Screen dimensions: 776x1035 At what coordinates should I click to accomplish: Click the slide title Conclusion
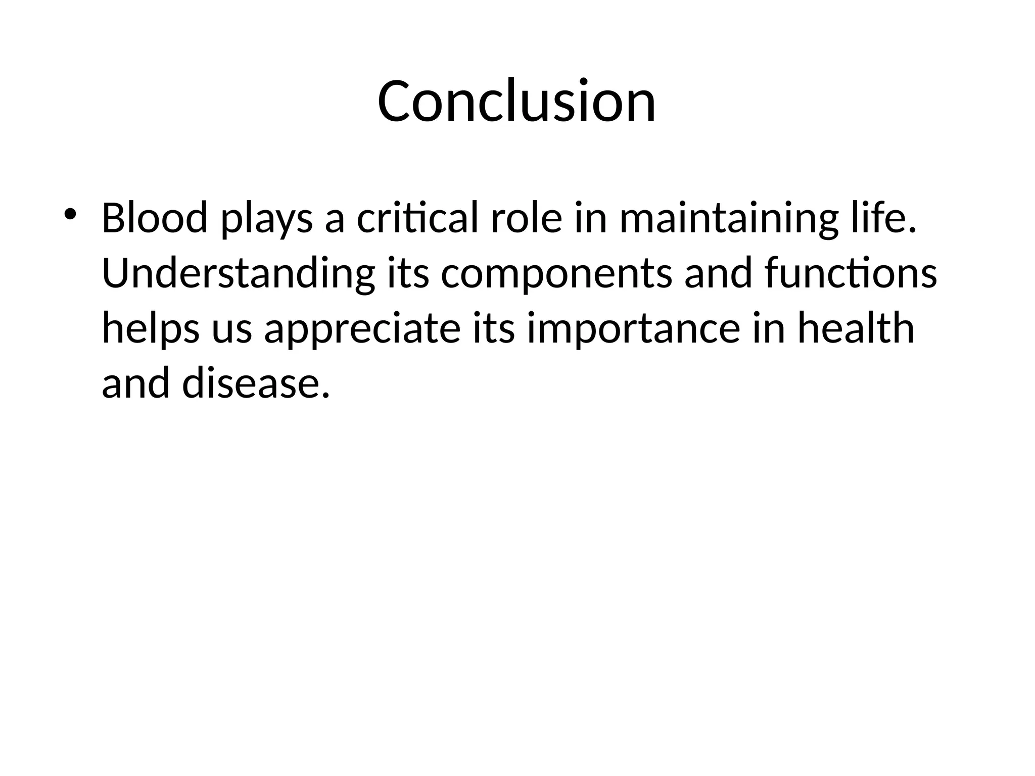(x=516, y=101)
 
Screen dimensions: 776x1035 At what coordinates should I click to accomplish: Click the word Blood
(x=155, y=218)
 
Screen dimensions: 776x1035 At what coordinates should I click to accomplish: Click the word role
(x=526, y=218)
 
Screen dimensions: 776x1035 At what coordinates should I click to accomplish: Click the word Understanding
(x=238, y=274)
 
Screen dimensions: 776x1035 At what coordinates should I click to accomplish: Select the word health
(x=856, y=328)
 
